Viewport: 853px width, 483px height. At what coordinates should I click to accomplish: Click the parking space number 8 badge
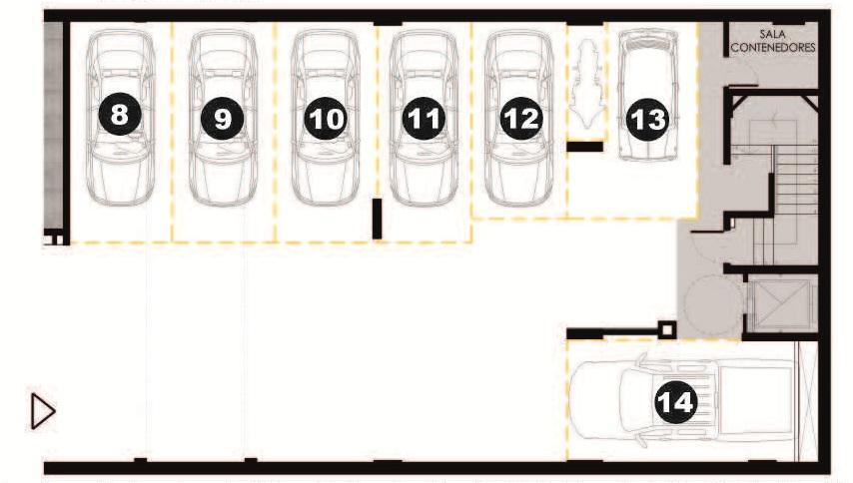[120, 115]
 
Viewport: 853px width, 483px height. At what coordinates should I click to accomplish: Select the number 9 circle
[223, 118]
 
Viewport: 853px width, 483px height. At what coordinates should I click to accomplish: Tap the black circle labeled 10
[326, 118]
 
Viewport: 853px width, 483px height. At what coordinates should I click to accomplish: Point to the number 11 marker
[424, 118]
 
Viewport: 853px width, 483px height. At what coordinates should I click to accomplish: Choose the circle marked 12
[521, 118]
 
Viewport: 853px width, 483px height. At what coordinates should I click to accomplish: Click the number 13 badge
[647, 118]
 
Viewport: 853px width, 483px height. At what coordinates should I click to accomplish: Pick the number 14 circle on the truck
[675, 401]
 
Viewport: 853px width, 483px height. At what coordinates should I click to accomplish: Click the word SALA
[772, 34]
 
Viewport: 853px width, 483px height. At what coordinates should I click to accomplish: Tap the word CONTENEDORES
[773, 47]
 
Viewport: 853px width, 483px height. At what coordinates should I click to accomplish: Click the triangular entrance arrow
[42, 411]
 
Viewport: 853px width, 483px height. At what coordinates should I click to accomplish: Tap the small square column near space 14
[667, 329]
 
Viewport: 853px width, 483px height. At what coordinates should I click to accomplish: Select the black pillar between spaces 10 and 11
[377, 219]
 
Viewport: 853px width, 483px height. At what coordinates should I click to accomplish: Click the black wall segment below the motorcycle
[584, 147]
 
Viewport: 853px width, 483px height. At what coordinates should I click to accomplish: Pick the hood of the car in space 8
[120, 180]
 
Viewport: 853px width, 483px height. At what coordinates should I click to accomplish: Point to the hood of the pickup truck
[595, 399]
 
